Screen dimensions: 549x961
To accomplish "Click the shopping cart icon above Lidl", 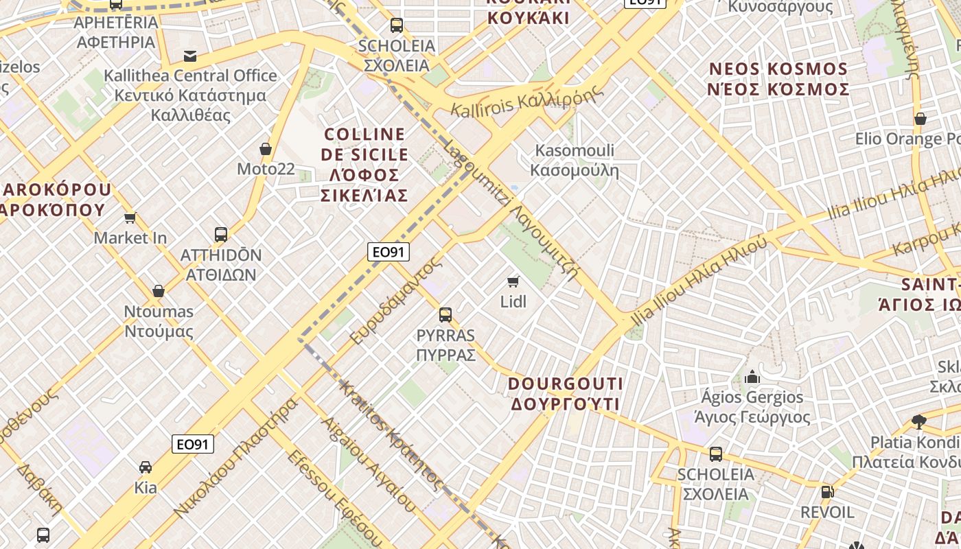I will click(x=513, y=281).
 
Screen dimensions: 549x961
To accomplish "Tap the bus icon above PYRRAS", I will click(x=445, y=315).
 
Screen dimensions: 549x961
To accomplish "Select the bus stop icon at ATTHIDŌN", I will click(x=221, y=235).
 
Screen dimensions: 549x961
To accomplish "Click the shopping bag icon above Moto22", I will click(x=266, y=149).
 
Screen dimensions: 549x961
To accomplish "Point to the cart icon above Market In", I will click(x=130, y=218).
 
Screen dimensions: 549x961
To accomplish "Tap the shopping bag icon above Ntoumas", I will click(x=159, y=291).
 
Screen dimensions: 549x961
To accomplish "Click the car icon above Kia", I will click(x=146, y=467).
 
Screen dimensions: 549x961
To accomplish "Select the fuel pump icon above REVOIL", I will click(x=827, y=491).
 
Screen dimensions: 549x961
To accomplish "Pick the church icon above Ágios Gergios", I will click(x=752, y=377).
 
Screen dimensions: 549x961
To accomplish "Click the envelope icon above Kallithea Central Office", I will click(x=190, y=56).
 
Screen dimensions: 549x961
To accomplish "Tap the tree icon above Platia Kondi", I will click(x=919, y=421).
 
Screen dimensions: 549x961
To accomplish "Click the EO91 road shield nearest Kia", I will click(x=193, y=444).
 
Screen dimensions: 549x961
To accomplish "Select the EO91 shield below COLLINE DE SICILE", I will click(x=389, y=252).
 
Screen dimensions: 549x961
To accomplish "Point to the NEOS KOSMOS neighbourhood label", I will click(x=779, y=79).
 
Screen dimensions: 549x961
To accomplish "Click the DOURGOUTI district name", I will click(x=566, y=393).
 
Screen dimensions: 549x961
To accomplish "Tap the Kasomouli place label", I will click(x=575, y=160).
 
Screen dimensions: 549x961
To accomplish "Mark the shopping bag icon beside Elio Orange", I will click(x=921, y=119).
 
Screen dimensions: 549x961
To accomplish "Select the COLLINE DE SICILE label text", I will click(x=364, y=165).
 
